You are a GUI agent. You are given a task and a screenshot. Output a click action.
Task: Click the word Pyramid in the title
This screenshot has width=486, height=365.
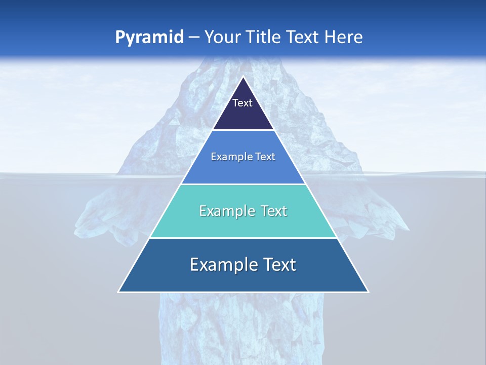(x=149, y=38)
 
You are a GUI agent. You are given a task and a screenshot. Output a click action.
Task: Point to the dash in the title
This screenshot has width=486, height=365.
(x=194, y=38)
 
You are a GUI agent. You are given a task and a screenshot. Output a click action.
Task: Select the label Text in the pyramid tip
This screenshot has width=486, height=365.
(x=242, y=103)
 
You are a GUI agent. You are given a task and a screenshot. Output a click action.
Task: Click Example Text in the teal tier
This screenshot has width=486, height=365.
(x=243, y=211)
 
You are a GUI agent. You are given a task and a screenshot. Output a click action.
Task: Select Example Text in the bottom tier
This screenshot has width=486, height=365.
(x=243, y=265)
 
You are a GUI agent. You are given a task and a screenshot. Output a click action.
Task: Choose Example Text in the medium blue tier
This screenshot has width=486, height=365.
(x=243, y=157)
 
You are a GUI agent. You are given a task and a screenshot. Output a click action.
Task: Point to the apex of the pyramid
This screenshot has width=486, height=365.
(x=243, y=77)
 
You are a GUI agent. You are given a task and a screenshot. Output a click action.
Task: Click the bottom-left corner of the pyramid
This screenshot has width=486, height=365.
(x=119, y=291)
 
